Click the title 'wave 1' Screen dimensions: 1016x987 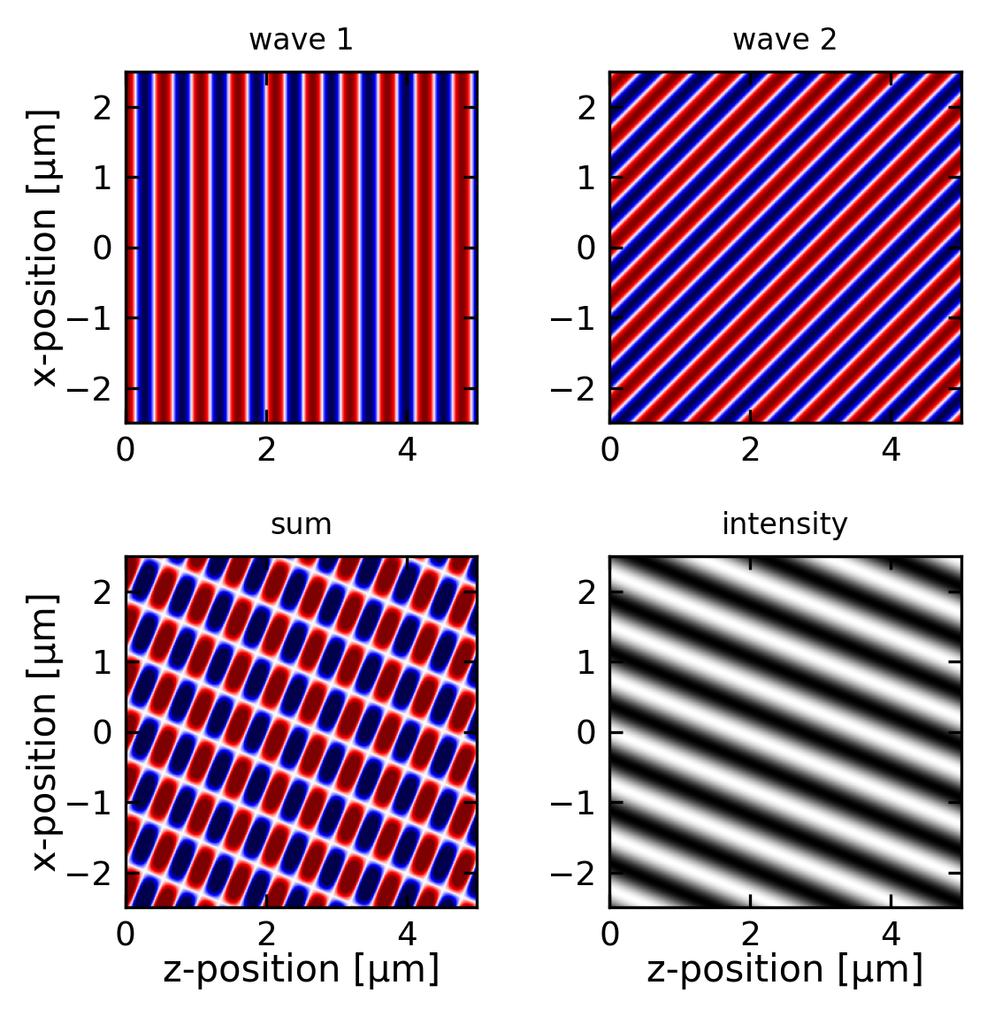(301, 41)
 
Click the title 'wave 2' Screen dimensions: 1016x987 (784, 41)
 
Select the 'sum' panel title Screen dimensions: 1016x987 (301, 525)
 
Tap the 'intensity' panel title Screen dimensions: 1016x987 (784, 525)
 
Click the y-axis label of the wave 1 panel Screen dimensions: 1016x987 (44, 248)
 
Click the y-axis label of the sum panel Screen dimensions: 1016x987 (44, 732)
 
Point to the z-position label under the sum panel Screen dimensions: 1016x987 (301, 970)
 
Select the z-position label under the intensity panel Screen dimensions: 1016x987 (784, 970)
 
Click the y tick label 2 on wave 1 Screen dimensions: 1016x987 (103, 108)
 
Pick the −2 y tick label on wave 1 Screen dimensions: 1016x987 (92, 389)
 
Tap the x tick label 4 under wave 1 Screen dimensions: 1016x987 (407, 451)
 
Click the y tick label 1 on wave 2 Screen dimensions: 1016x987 (586, 178)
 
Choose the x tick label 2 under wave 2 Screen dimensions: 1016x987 (750, 451)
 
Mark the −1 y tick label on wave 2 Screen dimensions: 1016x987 (576, 318)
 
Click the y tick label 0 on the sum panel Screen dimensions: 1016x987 (103, 732)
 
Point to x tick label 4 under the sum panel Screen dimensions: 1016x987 (407, 936)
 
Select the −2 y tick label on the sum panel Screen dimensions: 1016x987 (92, 874)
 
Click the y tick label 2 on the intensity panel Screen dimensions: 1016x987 (586, 592)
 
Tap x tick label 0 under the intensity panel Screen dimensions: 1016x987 (609, 936)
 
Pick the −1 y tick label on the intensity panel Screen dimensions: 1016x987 (576, 803)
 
